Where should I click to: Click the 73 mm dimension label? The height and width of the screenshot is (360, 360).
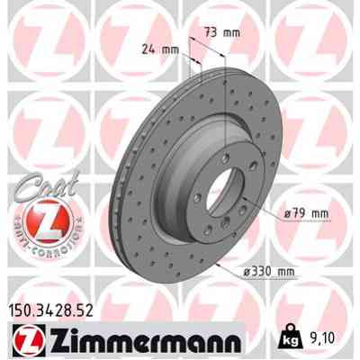click(x=222, y=32)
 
